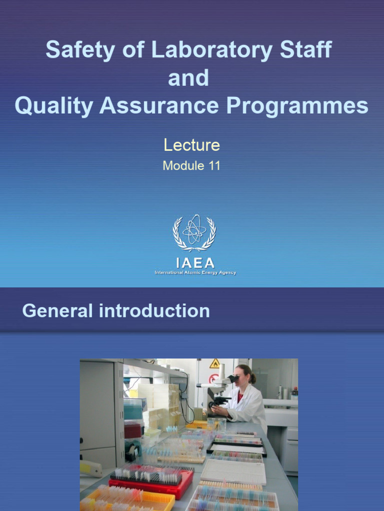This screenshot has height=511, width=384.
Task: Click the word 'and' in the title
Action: (x=188, y=78)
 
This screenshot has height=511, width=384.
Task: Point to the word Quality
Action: (x=54, y=106)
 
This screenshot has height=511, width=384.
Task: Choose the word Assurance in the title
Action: (x=159, y=106)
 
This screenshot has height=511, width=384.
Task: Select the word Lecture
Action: (x=191, y=145)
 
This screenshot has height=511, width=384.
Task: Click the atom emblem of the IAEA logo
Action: (x=194, y=232)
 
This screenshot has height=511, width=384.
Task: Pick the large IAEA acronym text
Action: (x=195, y=262)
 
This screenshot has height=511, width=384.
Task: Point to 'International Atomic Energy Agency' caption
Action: (x=195, y=273)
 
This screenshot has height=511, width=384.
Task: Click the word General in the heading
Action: (x=57, y=311)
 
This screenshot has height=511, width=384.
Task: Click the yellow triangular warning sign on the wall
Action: (x=215, y=363)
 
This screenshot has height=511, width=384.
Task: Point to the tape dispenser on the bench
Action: (x=132, y=452)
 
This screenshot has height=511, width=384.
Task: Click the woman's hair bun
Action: (x=253, y=379)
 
